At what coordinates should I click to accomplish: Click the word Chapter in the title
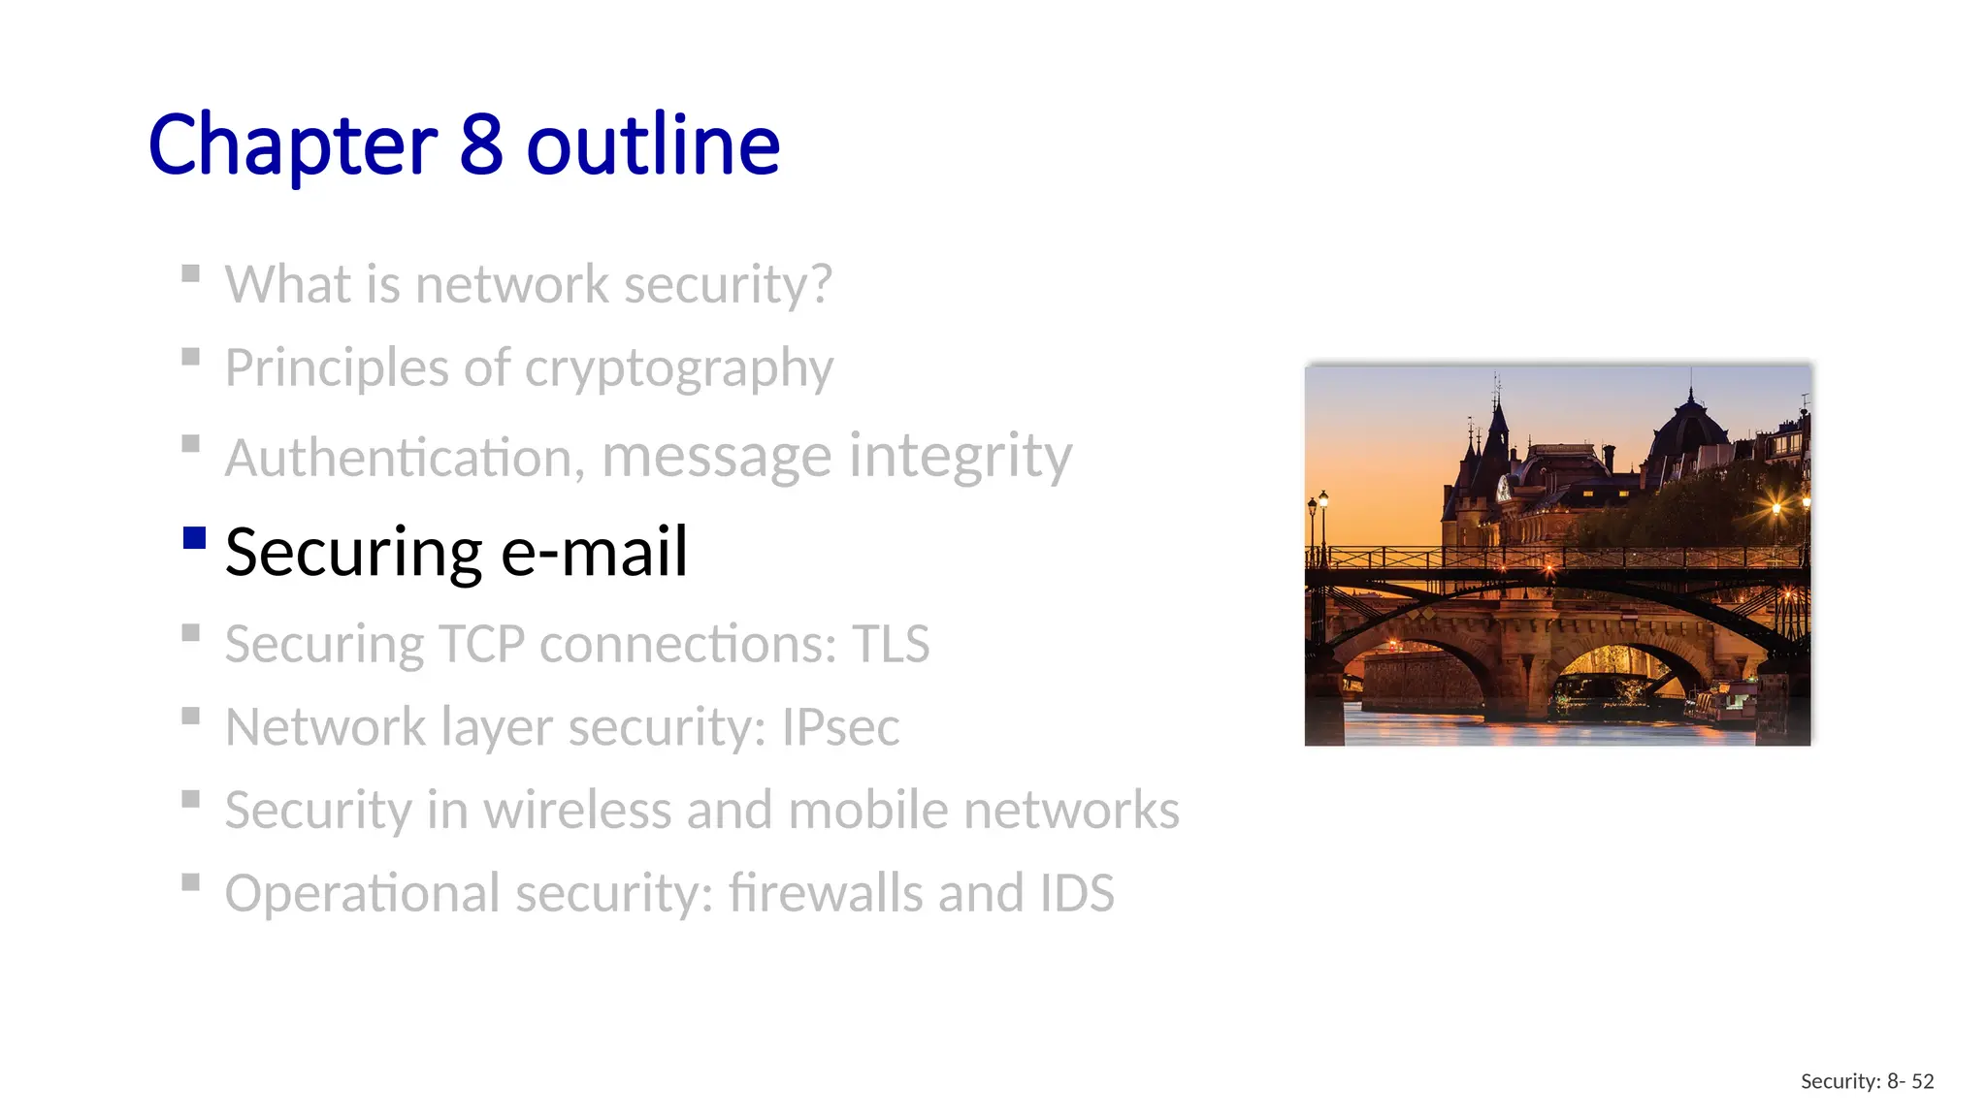292,145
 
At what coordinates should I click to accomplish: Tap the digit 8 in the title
481,145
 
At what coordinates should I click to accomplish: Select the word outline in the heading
653,145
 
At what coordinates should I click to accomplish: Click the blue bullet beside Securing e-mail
194,538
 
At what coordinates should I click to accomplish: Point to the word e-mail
594,552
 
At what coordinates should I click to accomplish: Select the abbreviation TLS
891,644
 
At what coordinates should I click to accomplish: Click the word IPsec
840,727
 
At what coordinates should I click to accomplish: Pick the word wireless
577,810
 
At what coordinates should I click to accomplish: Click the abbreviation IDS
1076,893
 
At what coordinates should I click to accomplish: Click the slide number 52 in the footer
1923,1081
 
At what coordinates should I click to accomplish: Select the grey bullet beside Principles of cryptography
191,357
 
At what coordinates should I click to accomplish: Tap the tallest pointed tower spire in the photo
1498,412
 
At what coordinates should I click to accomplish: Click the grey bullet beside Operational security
191,882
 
